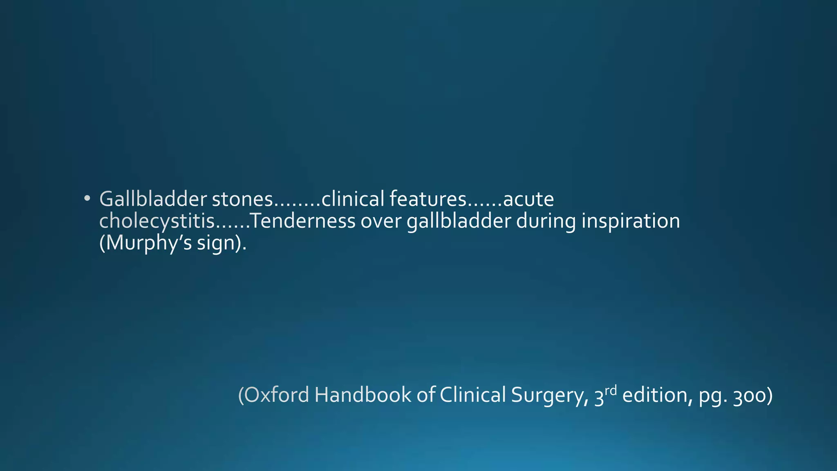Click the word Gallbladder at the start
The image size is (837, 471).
tap(153, 199)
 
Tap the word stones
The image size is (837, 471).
tap(242, 199)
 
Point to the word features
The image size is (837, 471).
tap(427, 199)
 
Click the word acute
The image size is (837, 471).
tap(528, 199)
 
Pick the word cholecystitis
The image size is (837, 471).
tap(157, 221)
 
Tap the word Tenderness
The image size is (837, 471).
tap(302, 221)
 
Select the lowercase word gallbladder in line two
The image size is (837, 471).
tap(459, 221)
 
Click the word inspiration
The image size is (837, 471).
tap(631, 221)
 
